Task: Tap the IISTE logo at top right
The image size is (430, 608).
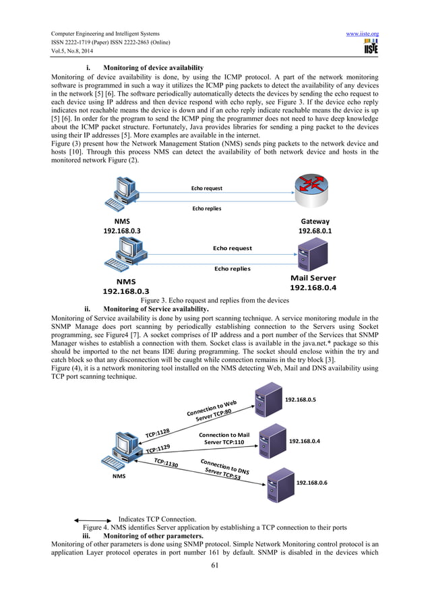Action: [x=370, y=48]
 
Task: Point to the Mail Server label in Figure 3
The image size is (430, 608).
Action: [x=313, y=278]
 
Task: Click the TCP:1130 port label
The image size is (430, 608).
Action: [x=166, y=463]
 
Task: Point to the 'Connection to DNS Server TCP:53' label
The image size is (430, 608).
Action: [x=224, y=469]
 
